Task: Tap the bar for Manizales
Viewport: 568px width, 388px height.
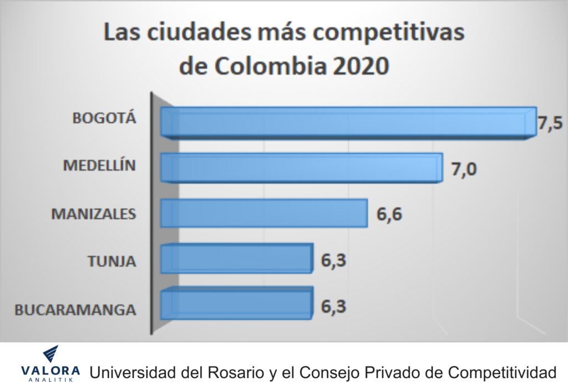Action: pyautogui.click(x=263, y=213)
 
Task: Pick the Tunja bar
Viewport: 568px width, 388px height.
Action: pyautogui.click(x=236, y=259)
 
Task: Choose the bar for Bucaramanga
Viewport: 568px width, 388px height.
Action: pyautogui.click(x=236, y=303)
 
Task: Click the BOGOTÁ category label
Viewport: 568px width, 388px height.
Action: pyautogui.click(x=104, y=118)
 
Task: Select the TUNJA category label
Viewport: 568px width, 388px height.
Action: pyautogui.click(x=111, y=260)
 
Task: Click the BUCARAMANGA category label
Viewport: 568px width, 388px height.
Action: pyautogui.click(x=75, y=309)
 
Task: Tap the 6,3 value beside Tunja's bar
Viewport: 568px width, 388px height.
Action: pyautogui.click(x=334, y=260)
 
